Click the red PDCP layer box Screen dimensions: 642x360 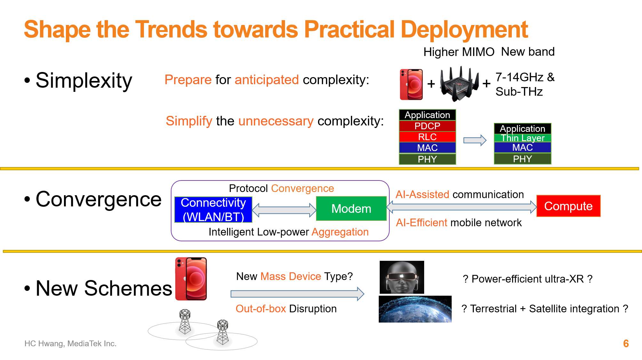click(427, 126)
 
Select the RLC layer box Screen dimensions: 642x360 click(427, 137)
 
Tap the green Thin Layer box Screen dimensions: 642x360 click(523, 138)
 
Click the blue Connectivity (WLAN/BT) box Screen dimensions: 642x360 click(213, 210)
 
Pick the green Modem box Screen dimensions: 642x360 click(351, 208)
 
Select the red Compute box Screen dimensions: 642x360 click(568, 206)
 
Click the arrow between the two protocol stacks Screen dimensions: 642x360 click(475, 140)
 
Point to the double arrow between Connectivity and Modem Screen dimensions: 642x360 click(284, 210)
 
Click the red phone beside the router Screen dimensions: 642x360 click(411, 84)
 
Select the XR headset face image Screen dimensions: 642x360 click(402, 277)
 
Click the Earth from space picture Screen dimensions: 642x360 click(415, 309)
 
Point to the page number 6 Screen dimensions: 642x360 click(626, 343)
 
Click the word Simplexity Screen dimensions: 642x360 click(84, 80)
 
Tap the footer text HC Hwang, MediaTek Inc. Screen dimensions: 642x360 click(70, 343)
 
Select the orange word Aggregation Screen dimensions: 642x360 click(340, 232)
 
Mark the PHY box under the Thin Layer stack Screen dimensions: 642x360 click(523, 159)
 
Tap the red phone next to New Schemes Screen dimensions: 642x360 click(191, 279)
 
